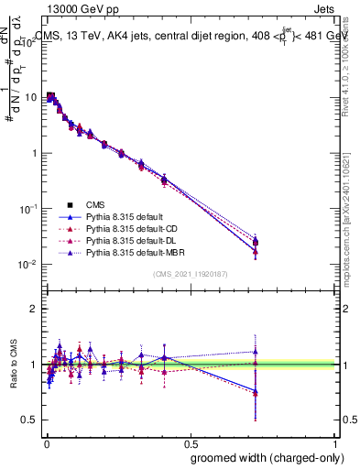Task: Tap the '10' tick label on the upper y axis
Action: [29, 96]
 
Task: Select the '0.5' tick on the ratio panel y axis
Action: [28, 420]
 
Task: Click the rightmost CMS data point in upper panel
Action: [256, 242]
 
